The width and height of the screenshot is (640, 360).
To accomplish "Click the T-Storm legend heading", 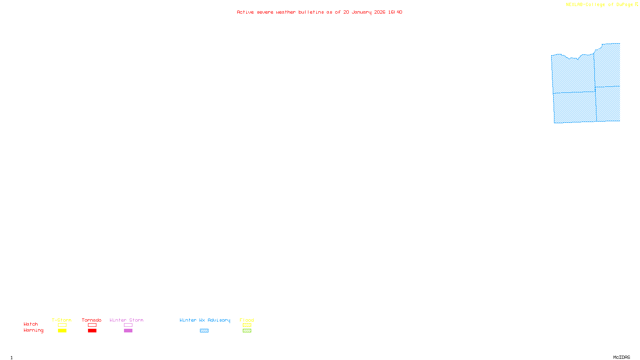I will coord(62,320).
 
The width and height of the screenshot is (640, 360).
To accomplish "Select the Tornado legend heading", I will coord(92,320).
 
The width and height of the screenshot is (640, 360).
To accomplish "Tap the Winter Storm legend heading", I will coord(126,320).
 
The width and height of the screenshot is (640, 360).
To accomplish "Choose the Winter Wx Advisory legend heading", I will coord(205,320).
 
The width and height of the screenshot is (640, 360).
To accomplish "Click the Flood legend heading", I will coord(247,320).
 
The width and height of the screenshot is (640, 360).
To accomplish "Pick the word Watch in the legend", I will coord(31,324).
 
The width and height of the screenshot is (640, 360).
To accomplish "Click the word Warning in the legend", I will coord(33,330).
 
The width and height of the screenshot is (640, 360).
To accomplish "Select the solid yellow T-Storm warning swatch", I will coord(62,331).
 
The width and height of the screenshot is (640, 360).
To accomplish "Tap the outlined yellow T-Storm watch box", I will coord(62,325).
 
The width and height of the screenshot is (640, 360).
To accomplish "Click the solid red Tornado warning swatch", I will coord(92,331).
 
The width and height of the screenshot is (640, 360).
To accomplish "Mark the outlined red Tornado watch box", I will coord(92,325).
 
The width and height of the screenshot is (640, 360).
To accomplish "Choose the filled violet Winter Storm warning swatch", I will coord(128,331).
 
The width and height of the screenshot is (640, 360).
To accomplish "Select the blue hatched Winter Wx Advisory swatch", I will coord(204,331).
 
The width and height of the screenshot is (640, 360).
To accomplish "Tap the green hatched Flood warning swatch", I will coord(247,331).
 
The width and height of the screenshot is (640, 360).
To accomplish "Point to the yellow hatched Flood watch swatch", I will coord(247,325).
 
